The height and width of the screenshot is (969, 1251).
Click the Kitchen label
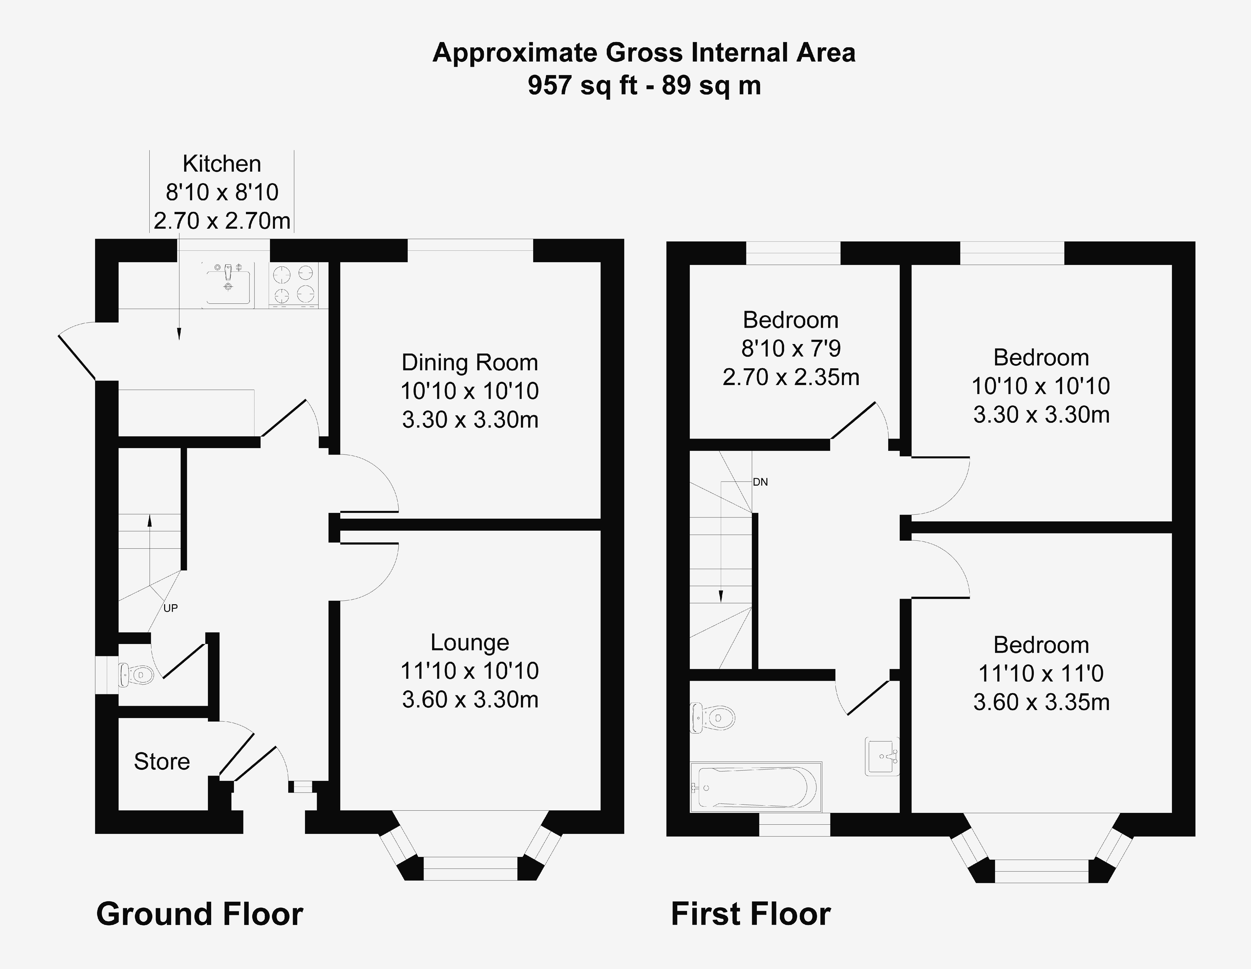pyautogui.click(x=222, y=164)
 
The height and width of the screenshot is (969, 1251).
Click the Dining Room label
pyautogui.click(x=470, y=363)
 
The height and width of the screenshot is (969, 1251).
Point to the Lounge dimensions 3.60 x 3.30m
pyautogui.click(x=470, y=699)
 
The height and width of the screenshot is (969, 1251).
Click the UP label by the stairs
pyautogui.click(x=170, y=608)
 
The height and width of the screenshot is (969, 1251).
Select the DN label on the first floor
pyautogui.click(x=760, y=482)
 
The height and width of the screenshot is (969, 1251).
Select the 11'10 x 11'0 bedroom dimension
pyautogui.click(x=1041, y=674)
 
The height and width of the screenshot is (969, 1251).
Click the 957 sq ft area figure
pyautogui.click(x=582, y=86)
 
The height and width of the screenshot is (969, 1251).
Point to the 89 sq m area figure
pyautogui.click(x=711, y=86)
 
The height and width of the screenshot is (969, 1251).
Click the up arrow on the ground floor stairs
pyautogui.click(x=150, y=521)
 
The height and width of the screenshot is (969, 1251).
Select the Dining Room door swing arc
pyautogui.click(x=378, y=478)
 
